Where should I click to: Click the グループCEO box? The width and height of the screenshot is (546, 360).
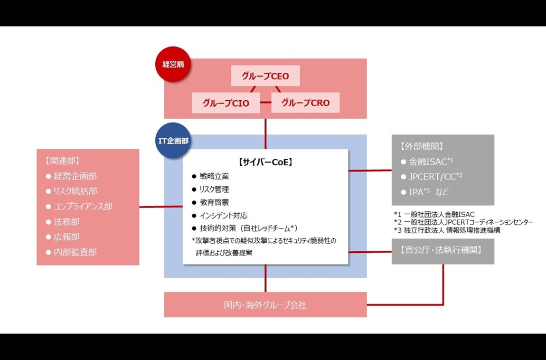[266, 76]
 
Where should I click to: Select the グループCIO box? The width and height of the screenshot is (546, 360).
[226, 103]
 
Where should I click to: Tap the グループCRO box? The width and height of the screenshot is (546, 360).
[305, 103]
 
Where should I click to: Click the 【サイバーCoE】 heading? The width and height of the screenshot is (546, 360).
[266, 162]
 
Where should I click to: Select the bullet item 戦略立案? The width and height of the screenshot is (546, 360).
[214, 176]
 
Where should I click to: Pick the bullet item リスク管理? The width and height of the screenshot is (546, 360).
[214, 189]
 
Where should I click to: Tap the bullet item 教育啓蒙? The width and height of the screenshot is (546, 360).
[214, 202]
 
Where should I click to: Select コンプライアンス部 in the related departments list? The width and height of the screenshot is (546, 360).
[82, 206]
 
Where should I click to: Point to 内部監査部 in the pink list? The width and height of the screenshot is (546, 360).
[75, 252]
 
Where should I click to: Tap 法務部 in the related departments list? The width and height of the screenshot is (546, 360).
[66, 222]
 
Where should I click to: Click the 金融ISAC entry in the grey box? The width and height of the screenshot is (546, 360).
[431, 162]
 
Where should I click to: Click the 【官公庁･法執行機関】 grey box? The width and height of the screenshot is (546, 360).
[443, 251]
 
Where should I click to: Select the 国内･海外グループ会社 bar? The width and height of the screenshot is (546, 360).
[265, 305]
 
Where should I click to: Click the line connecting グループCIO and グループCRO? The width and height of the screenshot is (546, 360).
[266, 103]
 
